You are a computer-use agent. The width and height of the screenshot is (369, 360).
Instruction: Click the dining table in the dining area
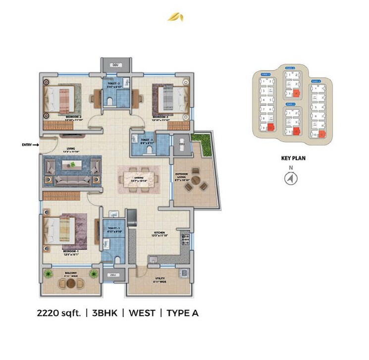point(140,176)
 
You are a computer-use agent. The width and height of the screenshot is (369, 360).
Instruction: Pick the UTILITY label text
point(159,279)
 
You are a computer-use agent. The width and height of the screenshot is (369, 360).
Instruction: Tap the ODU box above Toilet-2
point(117,64)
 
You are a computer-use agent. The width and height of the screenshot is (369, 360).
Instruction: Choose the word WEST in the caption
point(144,312)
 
